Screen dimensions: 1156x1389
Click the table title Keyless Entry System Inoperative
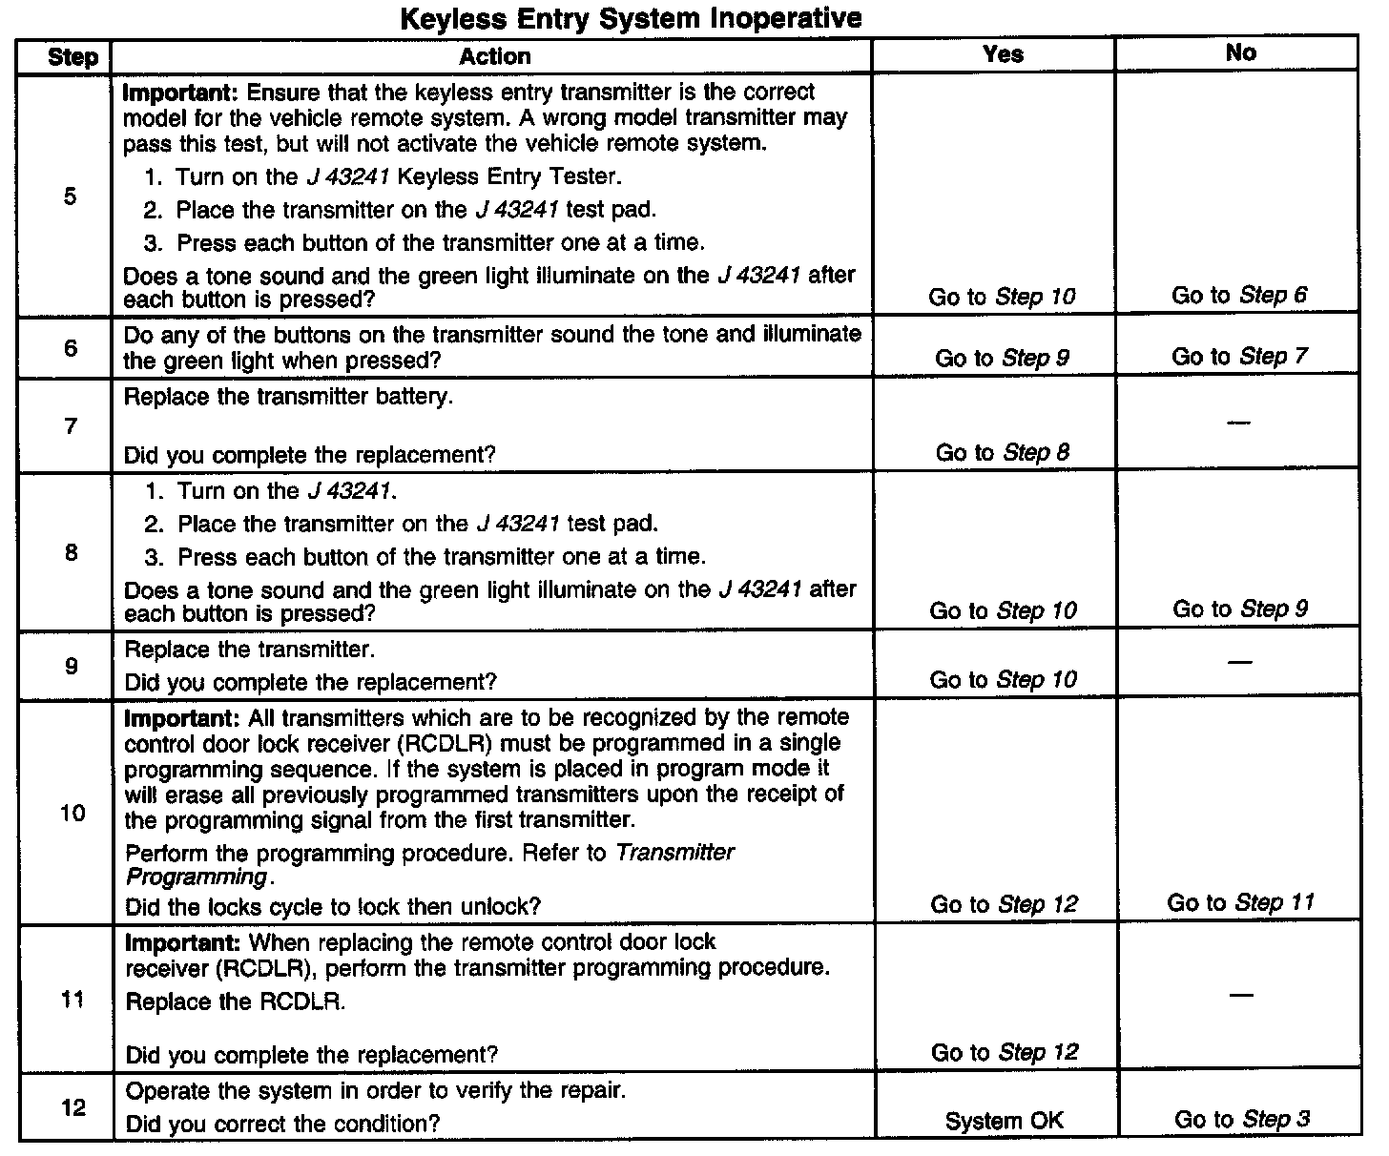click(631, 18)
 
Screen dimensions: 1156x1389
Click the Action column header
click(494, 56)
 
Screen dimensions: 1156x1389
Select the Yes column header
click(1002, 54)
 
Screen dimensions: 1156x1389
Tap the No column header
click(1240, 53)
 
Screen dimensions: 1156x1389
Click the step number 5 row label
click(71, 197)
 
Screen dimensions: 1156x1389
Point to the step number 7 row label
click(71, 425)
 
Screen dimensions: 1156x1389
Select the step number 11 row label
click(73, 1000)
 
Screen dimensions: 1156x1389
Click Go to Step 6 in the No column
click(1239, 296)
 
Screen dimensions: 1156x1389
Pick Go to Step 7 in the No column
click(1239, 357)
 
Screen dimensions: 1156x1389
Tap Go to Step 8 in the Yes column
click(1002, 452)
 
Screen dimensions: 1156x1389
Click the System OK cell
click(1004, 1122)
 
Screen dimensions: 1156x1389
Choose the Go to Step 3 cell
click(1241, 1120)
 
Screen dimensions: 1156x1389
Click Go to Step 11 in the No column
click(1240, 902)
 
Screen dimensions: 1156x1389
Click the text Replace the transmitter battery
click(288, 397)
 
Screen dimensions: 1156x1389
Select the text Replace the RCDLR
click(236, 1002)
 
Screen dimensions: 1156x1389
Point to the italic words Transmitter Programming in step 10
click(429, 865)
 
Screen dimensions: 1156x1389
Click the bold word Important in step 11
click(184, 943)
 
